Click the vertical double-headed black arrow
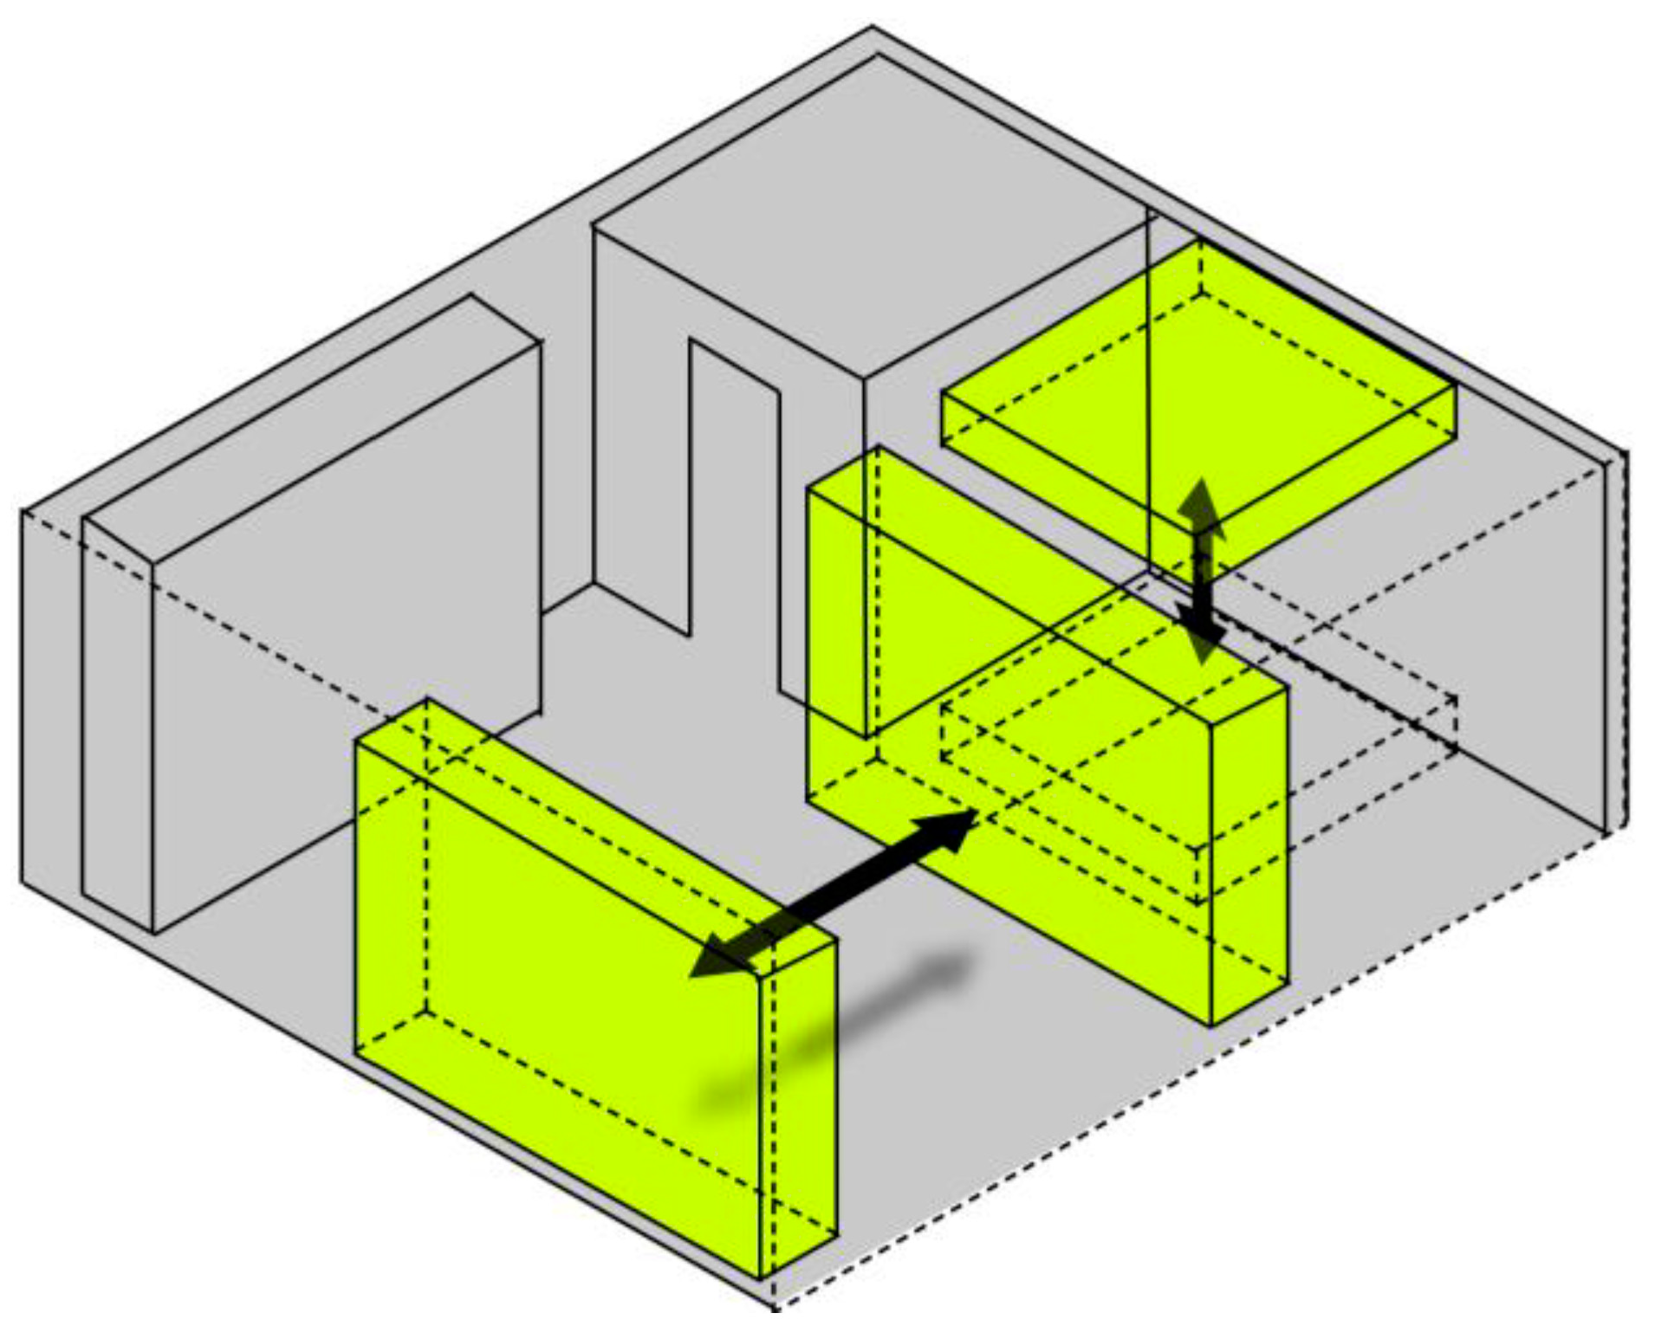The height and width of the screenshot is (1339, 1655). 1201,572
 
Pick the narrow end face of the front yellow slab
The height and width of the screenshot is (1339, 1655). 797,1109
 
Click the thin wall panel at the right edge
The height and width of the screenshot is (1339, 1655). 1617,641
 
